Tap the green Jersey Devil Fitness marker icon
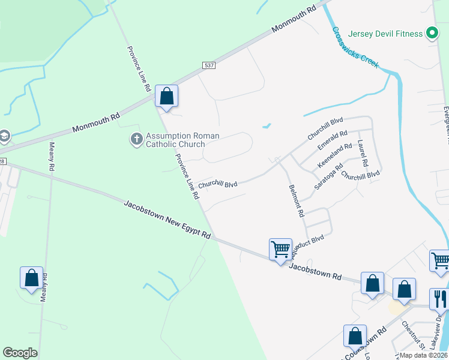coord(431,34)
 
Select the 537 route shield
coord(208,65)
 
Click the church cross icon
coord(136,140)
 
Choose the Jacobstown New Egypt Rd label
coord(167,220)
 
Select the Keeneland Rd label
coord(334,155)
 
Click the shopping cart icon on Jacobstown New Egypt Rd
coord(280,249)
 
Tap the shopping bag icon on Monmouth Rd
coord(166,95)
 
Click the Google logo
coord(20,353)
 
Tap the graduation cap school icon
coord(3,136)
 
